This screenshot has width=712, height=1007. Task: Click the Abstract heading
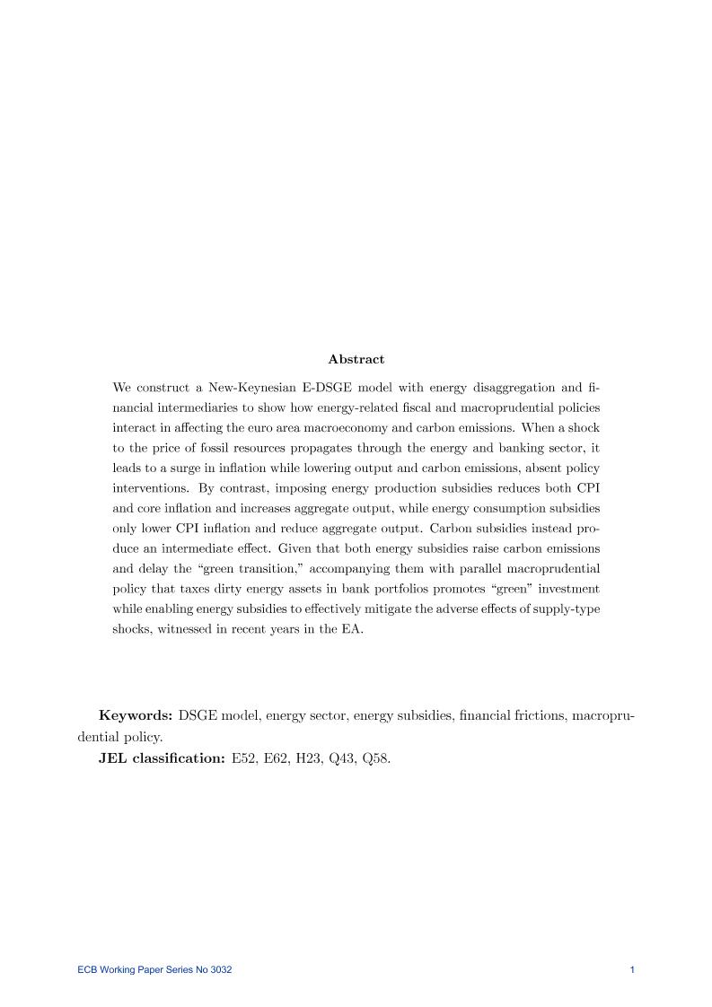point(356,359)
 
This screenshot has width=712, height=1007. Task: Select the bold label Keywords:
point(136,715)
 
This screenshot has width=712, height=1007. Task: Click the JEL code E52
point(243,758)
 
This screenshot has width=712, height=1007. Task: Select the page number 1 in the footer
point(633,969)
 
